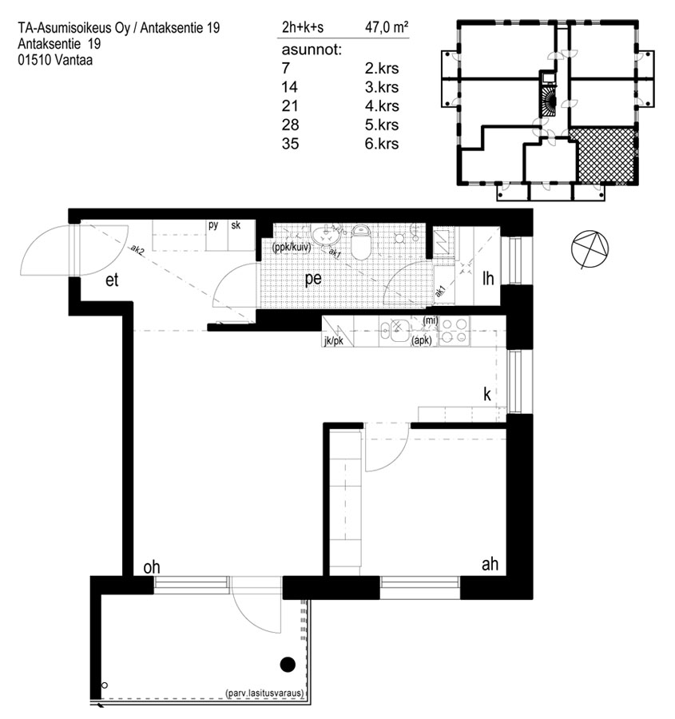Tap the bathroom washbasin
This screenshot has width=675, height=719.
[326, 235]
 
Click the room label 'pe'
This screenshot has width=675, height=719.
[313, 280]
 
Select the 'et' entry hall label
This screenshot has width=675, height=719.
[112, 280]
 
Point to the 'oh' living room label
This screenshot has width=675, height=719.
[152, 567]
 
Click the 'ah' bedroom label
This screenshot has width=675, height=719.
[490, 564]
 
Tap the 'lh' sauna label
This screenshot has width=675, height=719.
[488, 278]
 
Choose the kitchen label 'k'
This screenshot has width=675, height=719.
[487, 394]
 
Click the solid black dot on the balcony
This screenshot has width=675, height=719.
[288, 664]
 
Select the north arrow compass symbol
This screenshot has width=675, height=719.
[590, 249]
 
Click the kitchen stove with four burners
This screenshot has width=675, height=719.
[454, 331]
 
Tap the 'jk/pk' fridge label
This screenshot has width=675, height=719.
[333, 341]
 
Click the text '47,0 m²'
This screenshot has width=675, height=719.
[387, 27]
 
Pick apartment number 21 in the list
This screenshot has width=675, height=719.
[290, 106]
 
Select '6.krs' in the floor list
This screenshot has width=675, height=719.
[382, 144]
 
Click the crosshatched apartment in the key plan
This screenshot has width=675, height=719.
[606, 154]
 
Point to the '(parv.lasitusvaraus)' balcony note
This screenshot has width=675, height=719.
[265, 693]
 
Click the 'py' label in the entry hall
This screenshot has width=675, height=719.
[213, 225]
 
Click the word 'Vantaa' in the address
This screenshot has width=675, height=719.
[74, 60]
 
